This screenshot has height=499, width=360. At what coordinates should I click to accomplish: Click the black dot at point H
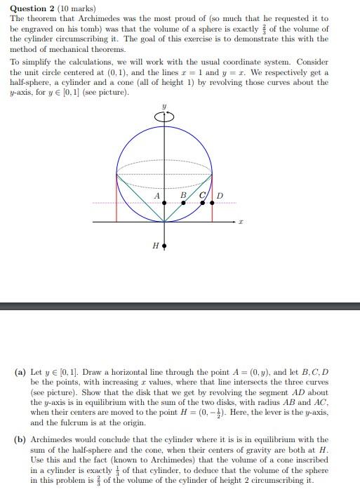164,247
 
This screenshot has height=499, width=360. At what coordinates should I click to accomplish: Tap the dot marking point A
164,203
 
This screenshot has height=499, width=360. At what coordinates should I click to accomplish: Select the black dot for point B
184,203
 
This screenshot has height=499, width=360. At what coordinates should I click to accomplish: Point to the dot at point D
212,203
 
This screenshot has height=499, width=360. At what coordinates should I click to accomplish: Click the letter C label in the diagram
202,195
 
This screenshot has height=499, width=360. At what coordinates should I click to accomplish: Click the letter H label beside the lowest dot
154,246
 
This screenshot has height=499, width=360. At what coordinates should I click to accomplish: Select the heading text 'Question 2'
32,8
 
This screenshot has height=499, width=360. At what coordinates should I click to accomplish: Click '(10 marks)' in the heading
76,8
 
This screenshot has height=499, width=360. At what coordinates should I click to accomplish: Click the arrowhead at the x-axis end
232,221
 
